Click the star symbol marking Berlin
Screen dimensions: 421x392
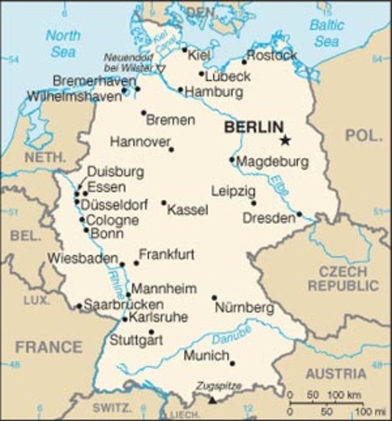(x=284, y=139)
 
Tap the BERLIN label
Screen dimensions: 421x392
(x=254, y=127)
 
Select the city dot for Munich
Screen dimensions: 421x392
(x=232, y=362)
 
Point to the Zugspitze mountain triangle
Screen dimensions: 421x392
(x=211, y=400)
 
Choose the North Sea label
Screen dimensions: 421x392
(x=62, y=43)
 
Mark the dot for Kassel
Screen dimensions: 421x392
(x=163, y=203)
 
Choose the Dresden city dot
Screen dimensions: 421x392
(x=299, y=214)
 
